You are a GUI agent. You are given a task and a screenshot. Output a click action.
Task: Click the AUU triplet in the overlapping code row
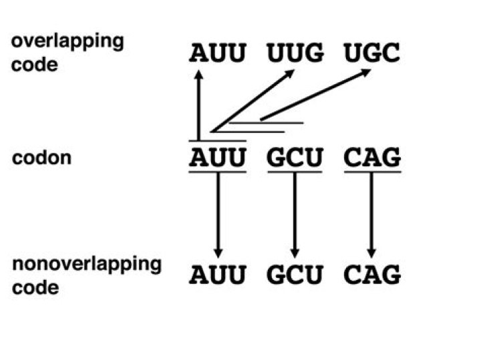217,53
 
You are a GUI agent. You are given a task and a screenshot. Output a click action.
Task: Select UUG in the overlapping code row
295,53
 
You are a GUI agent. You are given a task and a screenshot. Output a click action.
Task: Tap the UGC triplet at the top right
371,53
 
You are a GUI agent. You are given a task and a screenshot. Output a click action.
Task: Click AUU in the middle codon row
217,158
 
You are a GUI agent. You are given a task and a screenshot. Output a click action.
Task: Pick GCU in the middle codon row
295,158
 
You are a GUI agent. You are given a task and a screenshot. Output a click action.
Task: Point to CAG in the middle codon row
372,158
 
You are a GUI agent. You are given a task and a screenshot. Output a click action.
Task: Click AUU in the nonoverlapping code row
217,275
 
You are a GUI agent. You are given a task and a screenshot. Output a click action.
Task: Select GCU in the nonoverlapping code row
295,275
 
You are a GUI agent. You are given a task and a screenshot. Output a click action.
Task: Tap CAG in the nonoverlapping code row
372,275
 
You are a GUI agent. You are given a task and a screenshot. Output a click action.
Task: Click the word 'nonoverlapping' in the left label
87,264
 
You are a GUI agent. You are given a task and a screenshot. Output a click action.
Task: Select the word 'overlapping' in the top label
67,41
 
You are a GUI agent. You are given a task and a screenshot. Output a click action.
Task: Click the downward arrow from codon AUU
217,214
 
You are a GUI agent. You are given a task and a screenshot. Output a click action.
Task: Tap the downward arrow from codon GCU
295,214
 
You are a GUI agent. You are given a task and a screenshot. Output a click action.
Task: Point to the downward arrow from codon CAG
372,214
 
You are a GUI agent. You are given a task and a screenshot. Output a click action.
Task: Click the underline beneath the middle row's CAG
372,172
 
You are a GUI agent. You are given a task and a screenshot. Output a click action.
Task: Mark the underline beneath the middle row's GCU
295,172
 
